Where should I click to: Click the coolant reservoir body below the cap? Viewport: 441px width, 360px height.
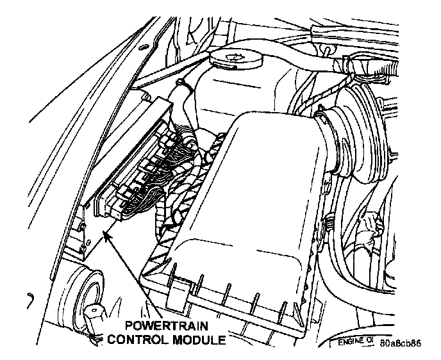[231, 96]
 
